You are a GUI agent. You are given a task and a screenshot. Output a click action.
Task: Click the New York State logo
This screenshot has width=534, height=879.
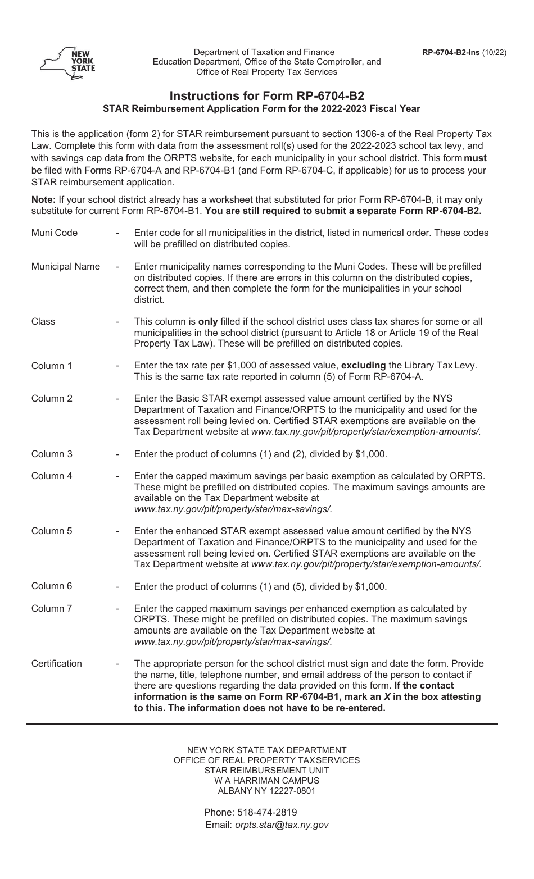tap(67, 62)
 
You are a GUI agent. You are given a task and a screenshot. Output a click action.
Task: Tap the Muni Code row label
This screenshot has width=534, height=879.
tap(55, 233)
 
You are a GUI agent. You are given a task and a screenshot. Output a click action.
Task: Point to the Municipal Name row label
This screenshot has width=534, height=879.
tap(66, 267)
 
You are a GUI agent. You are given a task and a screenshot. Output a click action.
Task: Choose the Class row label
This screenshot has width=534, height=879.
tap(43, 322)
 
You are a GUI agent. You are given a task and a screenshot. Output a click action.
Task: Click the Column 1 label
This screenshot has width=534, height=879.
tap(52, 366)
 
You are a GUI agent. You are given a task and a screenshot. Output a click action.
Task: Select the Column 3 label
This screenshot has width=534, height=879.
tap(52, 454)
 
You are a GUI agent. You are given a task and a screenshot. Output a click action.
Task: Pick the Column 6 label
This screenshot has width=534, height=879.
tap(52, 586)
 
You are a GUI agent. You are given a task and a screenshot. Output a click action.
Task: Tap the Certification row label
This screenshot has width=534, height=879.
tap(57, 664)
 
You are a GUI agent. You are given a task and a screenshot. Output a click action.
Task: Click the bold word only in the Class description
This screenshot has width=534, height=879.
tap(208, 322)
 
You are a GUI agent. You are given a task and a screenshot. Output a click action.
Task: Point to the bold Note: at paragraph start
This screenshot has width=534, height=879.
tap(42, 200)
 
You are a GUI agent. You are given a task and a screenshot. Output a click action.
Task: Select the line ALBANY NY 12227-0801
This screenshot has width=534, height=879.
tap(266, 791)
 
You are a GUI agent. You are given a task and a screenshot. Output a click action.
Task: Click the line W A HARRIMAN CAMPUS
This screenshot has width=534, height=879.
tap(266, 781)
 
